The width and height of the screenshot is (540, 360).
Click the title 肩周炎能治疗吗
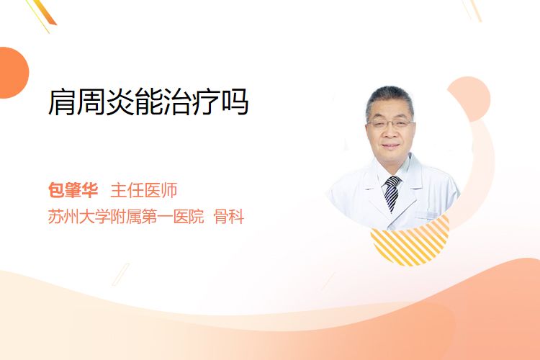148,102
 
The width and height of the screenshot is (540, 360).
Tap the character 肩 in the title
62,102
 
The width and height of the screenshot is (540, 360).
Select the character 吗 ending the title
235,102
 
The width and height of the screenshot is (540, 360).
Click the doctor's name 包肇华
73,190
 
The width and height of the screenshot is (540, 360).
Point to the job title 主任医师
143,190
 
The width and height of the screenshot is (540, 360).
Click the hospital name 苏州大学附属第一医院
126,217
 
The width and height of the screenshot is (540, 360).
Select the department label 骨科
229,217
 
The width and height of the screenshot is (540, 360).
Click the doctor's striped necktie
392,193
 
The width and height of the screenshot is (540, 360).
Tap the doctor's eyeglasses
390,123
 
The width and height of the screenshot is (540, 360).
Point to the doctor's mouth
390,145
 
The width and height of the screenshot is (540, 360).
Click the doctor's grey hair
390,98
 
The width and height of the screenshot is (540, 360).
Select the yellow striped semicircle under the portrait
410,243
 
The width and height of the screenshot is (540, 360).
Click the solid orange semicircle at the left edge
13,73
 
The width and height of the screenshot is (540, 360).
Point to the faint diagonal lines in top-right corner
472,10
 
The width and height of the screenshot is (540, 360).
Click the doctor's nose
390,132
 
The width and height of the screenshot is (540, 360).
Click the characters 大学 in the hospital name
95,217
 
